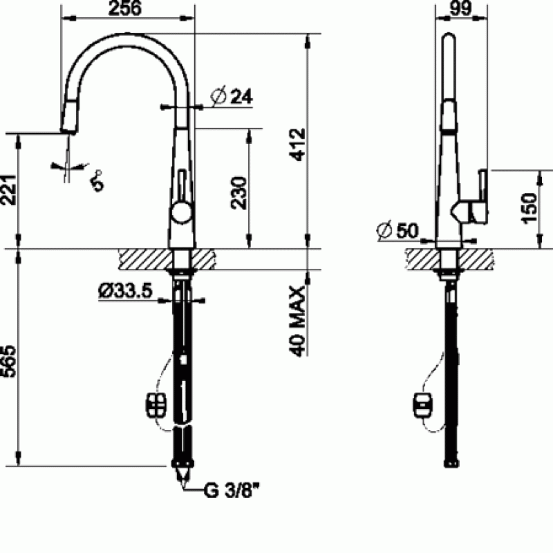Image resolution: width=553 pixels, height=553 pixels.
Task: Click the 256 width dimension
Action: pyautogui.click(x=125, y=8)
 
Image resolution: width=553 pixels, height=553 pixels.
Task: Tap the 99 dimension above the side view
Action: pyautogui.click(x=461, y=8)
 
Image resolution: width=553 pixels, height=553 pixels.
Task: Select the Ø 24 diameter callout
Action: pyautogui.click(x=232, y=96)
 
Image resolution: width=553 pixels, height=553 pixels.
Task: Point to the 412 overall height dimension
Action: pyautogui.click(x=298, y=144)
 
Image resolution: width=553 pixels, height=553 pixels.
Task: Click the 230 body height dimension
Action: pyautogui.click(x=239, y=193)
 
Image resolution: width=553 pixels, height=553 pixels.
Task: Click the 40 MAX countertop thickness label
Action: pyautogui.click(x=297, y=321)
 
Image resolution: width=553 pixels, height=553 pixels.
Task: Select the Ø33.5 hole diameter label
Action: pyautogui.click(x=126, y=291)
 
